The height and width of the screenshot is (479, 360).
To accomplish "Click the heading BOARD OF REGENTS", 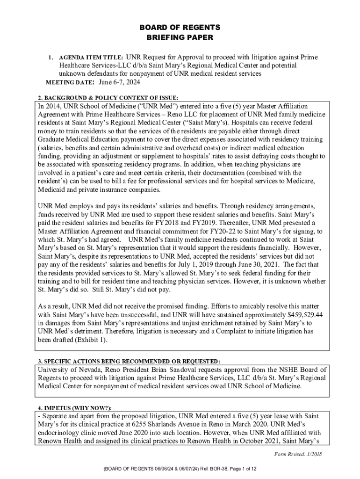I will [x=180, y=28].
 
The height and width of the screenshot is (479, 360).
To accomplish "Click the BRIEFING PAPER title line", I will [x=180, y=37].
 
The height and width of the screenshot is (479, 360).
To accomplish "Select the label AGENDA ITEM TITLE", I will [x=91, y=58].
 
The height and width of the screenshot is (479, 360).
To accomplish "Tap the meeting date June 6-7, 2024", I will [x=120, y=83].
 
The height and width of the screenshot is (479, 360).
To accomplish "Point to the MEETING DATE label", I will [x=70, y=83].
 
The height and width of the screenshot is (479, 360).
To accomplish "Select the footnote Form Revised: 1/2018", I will [x=298, y=454].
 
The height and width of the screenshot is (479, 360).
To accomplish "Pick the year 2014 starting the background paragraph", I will [x=54, y=106].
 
